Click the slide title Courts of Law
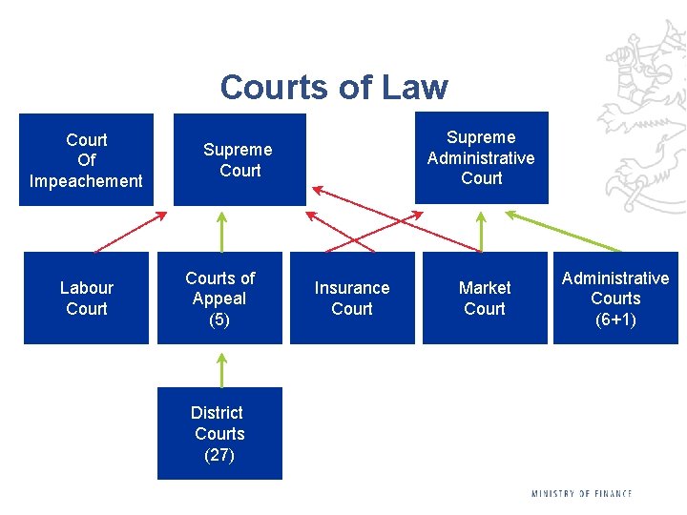point(333,87)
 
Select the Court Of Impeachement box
point(86,159)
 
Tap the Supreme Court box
point(239,159)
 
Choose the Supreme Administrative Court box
point(481,157)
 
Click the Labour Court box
point(86,298)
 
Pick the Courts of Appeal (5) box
point(219,298)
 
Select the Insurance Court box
point(352,298)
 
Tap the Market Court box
point(485,298)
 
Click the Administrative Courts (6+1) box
point(615,298)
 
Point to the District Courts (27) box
point(219,433)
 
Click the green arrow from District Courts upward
point(221,369)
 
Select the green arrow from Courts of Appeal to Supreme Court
point(221,231)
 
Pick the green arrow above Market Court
point(481,231)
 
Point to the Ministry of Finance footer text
point(581,493)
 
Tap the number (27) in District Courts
point(219,454)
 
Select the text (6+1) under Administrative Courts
point(615,319)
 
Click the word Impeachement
point(86,180)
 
